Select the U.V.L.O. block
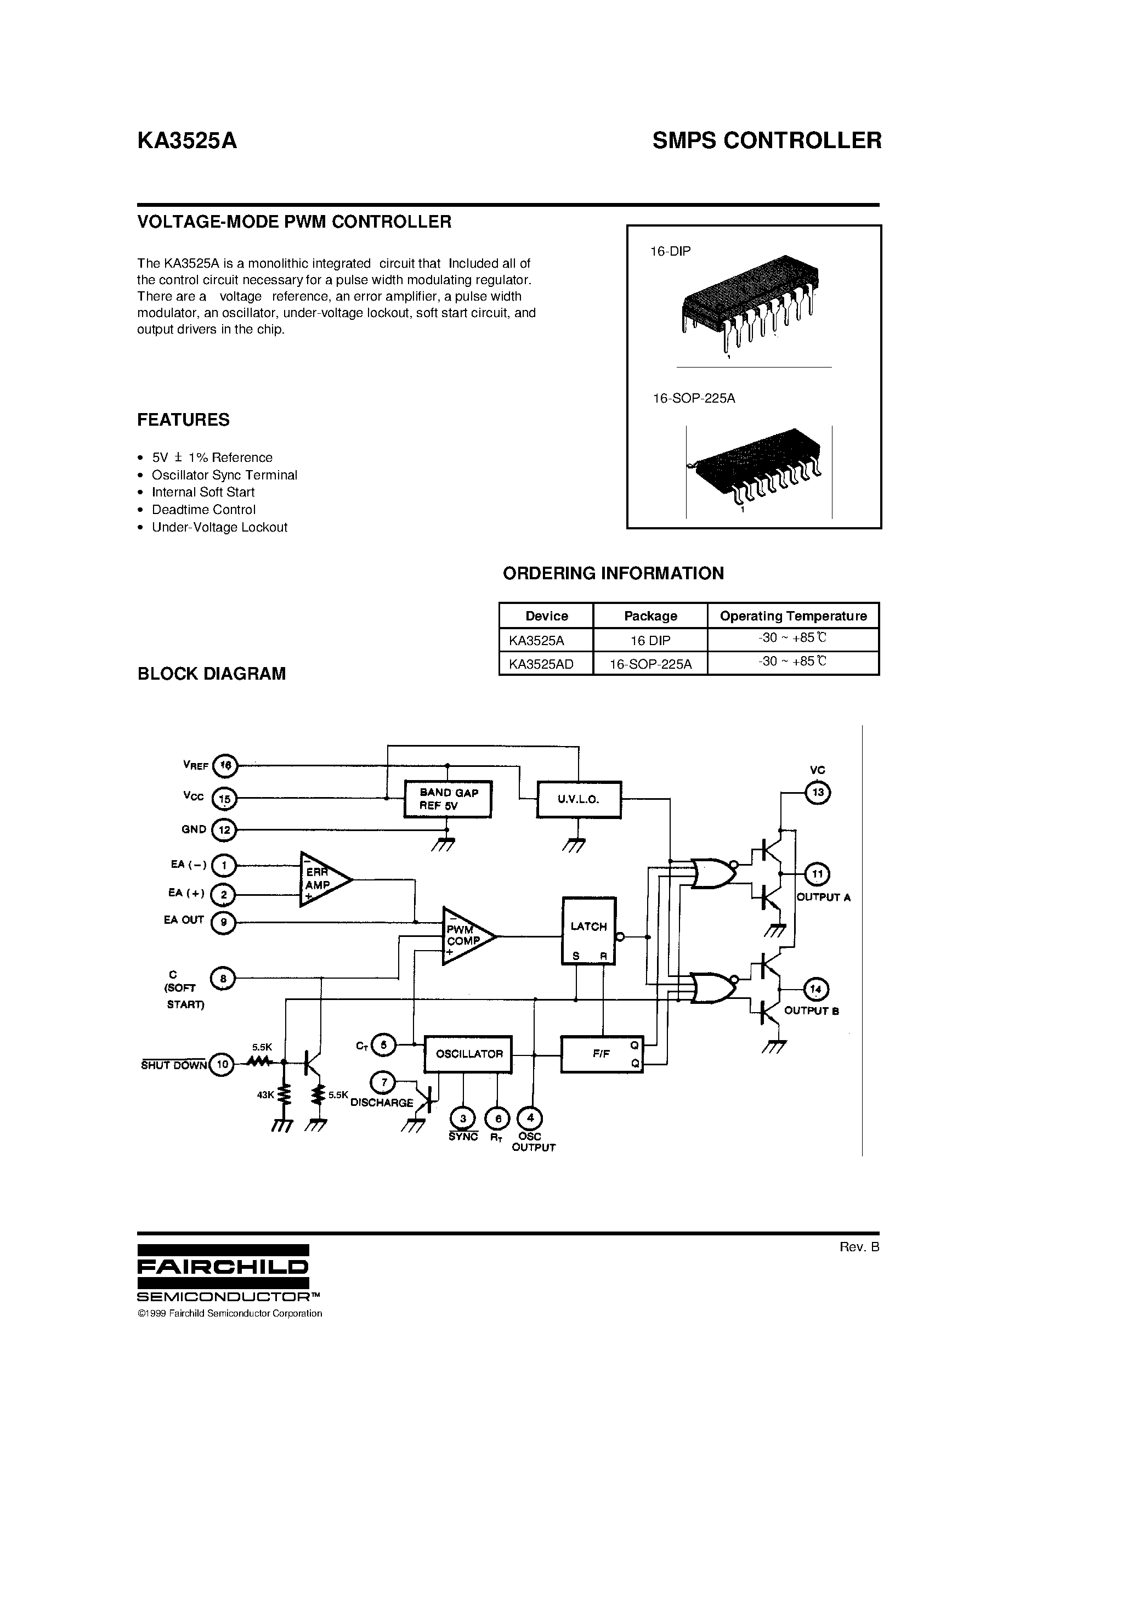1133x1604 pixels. pyautogui.click(x=579, y=799)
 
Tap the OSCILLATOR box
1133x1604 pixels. pyautogui.click(x=468, y=1053)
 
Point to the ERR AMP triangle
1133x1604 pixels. pyautogui.click(x=322, y=879)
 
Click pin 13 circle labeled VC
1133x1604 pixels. pyautogui.click(x=817, y=792)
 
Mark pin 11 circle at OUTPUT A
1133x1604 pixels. pyautogui.click(x=817, y=874)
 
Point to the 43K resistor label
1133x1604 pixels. pyautogui.click(x=265, y=1095)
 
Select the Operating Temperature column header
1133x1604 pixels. pyautogui.click(x=793, y=615)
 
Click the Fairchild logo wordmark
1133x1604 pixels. pyautogui.click(x=223, y=1266)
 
